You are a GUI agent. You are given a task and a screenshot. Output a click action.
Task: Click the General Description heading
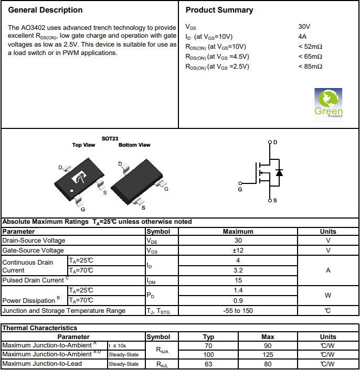click(46, 10)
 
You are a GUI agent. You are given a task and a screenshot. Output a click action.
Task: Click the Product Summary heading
click(219, 10)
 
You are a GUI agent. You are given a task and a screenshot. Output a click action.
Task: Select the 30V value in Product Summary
click(304, 27)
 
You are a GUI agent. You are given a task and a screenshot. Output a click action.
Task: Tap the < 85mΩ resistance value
click(310, 67)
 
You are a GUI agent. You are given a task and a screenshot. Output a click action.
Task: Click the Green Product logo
click(329, 103)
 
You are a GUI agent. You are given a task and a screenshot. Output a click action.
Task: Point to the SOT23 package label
click(110, 139)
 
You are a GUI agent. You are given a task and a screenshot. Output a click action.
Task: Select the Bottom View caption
click(134, 145)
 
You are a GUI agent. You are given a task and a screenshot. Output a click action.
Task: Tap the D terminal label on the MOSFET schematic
click(276, 143)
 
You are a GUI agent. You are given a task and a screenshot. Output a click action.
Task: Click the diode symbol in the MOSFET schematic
click(279, 172)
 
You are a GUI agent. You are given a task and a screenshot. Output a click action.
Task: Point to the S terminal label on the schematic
click(276, 201)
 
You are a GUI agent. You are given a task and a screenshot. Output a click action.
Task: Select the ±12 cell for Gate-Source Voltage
click(238, 251)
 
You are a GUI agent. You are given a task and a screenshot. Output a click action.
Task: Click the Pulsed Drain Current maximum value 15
click(238, 280)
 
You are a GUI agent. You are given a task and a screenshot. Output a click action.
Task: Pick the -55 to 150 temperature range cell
click(238, 311)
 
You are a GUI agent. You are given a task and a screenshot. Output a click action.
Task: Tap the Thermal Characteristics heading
click(40, 328)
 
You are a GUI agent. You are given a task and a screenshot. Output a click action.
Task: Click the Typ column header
click(208, 337)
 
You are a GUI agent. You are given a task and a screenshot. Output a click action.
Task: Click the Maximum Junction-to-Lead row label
click(42, 364)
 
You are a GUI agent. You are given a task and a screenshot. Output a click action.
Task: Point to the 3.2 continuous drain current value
click(238, 270)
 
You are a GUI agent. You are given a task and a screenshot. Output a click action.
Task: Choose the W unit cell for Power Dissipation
click(328, 295)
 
